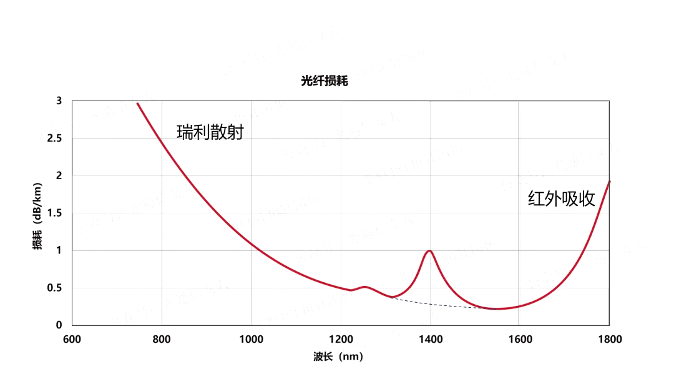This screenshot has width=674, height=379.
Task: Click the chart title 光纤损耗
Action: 320,81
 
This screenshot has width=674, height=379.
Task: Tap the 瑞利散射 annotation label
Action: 210,132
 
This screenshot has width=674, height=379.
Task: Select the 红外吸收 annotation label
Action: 561,199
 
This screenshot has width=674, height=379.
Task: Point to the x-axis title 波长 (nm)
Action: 338,357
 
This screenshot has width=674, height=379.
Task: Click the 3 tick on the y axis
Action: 59,101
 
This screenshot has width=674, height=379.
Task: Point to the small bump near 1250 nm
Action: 364,287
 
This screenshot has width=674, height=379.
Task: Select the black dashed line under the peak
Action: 437,304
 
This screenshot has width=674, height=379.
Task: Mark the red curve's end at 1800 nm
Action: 609,182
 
